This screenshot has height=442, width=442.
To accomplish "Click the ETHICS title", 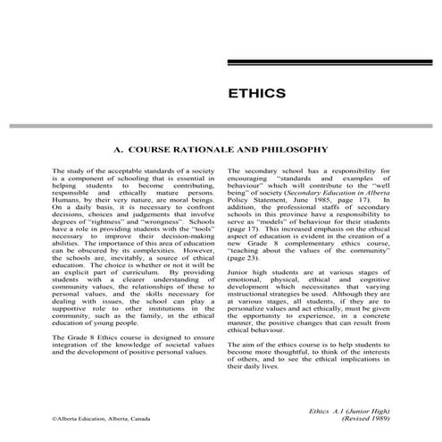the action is pos(256,93).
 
